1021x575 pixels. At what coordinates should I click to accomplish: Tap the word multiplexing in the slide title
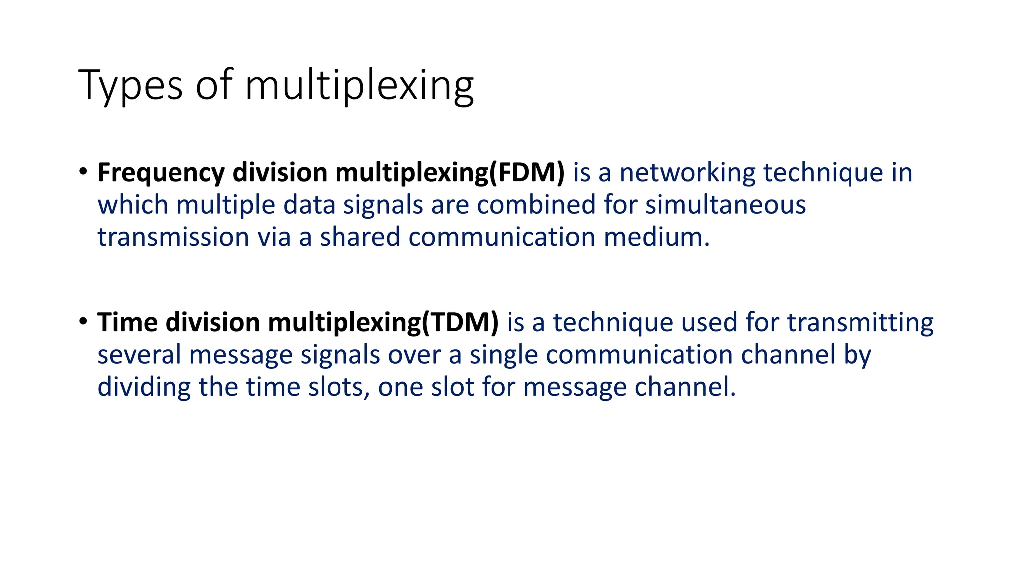click(359, 86)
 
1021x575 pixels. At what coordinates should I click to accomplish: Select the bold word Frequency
click(161, 173)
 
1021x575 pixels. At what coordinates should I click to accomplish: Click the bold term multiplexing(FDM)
click(450, 173)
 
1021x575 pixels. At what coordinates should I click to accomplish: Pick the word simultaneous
click(725, 205)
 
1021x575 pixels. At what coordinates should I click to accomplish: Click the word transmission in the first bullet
click(173, 237)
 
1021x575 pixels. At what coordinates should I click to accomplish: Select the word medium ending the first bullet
click(656, 237)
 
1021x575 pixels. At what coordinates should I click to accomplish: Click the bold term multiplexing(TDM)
click(383, 322)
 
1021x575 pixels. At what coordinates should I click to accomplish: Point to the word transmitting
click(860, 322)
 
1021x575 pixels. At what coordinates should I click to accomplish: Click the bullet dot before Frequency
click(83, 172)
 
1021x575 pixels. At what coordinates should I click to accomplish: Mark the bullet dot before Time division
click(83, 321)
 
